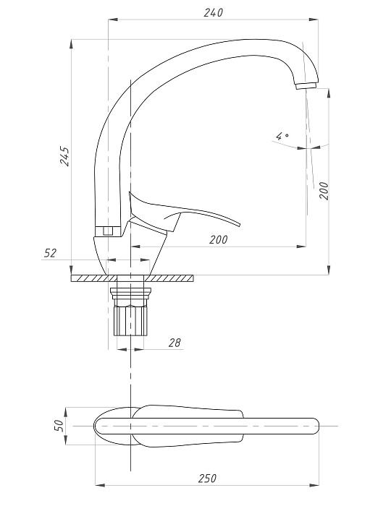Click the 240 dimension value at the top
[214, 12]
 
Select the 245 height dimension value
[65, 157]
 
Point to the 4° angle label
[282, 136]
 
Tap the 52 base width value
[50, 253]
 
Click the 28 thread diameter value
[175, 343]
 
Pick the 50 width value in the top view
[59, 426]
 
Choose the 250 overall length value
[207, 478]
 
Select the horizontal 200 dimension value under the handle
[219, 239]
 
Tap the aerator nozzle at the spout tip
[306, 85]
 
